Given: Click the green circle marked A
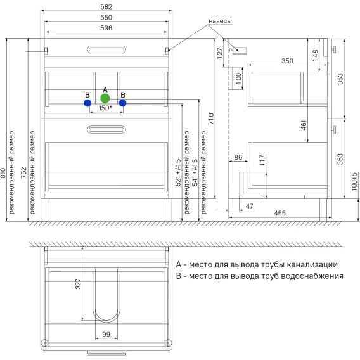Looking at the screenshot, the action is tap(105, 98).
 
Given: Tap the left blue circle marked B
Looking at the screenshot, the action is tap(87, 103).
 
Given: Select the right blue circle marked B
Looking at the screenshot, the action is tap(123, 103).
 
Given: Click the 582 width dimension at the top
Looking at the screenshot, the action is tap(106, 7).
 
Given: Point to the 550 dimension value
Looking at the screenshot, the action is tap(106, 18).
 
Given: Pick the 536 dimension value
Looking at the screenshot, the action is tap(106, 28).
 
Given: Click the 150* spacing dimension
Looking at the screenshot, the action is tap(105, 108).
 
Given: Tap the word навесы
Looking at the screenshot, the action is tap(220, 21).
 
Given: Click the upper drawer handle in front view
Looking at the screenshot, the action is tap(106, 49).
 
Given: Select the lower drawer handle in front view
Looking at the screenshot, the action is tap(106, 129).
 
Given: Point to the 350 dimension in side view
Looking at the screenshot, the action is tap(288, 61).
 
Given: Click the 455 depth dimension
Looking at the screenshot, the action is tap(280, 214).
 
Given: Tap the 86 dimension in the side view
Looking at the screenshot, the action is tap(238, 157).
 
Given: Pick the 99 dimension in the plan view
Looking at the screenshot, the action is tap(106, 334).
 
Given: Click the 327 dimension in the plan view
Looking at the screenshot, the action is tap(78, 284).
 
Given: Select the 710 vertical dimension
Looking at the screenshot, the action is tap(211, 119).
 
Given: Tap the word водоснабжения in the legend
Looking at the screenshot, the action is tap(312, 276).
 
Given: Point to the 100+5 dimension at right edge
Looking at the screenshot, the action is tap(354, 181).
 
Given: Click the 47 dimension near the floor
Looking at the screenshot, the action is tap(250, 207).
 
